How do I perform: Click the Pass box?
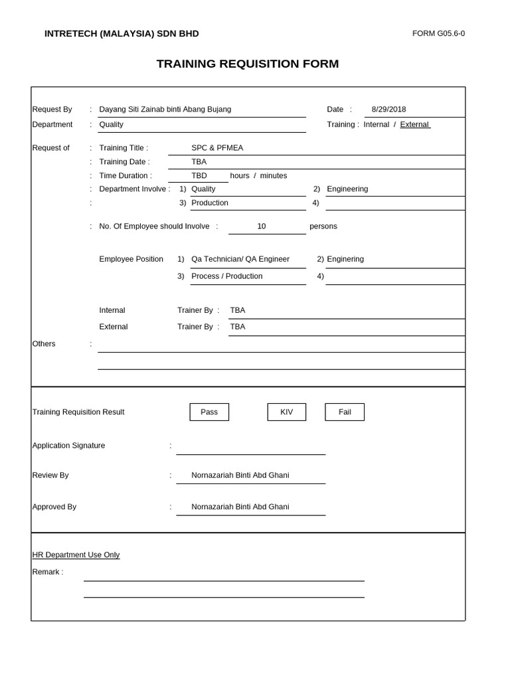tap(209, 412)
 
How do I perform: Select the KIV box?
tap(286, 412)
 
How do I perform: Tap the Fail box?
tap(345, 412)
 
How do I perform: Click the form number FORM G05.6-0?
tap(438, 34)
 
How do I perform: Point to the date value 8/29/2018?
tap(388, 109)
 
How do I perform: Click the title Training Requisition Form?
tap(247, 64)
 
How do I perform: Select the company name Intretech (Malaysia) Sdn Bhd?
tap(121, 34)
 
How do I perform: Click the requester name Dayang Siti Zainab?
tap(165, 109)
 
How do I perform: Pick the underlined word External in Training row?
tap(415, 124)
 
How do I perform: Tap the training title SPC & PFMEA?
tap(217, 147)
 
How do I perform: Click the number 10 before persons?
tap(262, 226)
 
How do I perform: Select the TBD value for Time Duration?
tap(199, 175)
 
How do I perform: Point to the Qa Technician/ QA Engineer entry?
tap(240, 259)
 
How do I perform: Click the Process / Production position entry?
tap(226, 276)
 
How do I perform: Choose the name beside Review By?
tap(240, 475)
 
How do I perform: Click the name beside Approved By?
tap(240, 507)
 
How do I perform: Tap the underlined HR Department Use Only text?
tap(76, 554)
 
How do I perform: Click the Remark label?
tap(48, 572)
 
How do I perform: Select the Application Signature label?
tap(68, 446)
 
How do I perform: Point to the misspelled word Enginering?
tap(345, 259)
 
